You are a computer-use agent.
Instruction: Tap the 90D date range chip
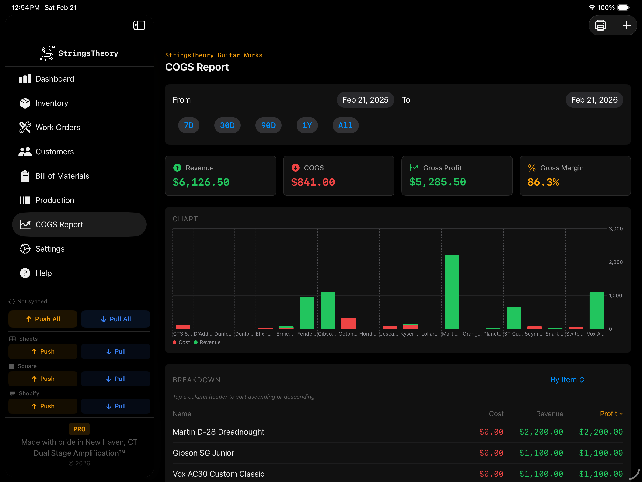click(x=268, y=125)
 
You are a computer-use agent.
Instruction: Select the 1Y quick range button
click(x=307, y=125)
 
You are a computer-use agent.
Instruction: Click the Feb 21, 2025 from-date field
click(x=365, y=100)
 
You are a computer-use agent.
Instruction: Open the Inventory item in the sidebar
click(x=52, y=103)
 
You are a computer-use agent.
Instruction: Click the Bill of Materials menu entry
click(x=62, y=176)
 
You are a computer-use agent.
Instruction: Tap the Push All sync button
click(x=43, y=319)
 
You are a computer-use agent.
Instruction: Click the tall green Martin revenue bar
click(x=452, y=292)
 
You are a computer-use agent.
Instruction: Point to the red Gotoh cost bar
click(x=348, y=323)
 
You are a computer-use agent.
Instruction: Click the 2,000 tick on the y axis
click(x=616, y=262)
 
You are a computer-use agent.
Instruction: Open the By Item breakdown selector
click(x=567, y=380)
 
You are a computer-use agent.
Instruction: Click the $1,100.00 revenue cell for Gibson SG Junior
click(x=541, y=453)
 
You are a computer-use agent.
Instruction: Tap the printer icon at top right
click(x=600, y=25)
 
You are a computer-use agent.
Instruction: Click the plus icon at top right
click(x=626, y=25)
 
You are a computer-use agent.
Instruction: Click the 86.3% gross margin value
click(x=543, y=182)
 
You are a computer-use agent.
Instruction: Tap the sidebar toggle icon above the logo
click(x=139, y=25)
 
